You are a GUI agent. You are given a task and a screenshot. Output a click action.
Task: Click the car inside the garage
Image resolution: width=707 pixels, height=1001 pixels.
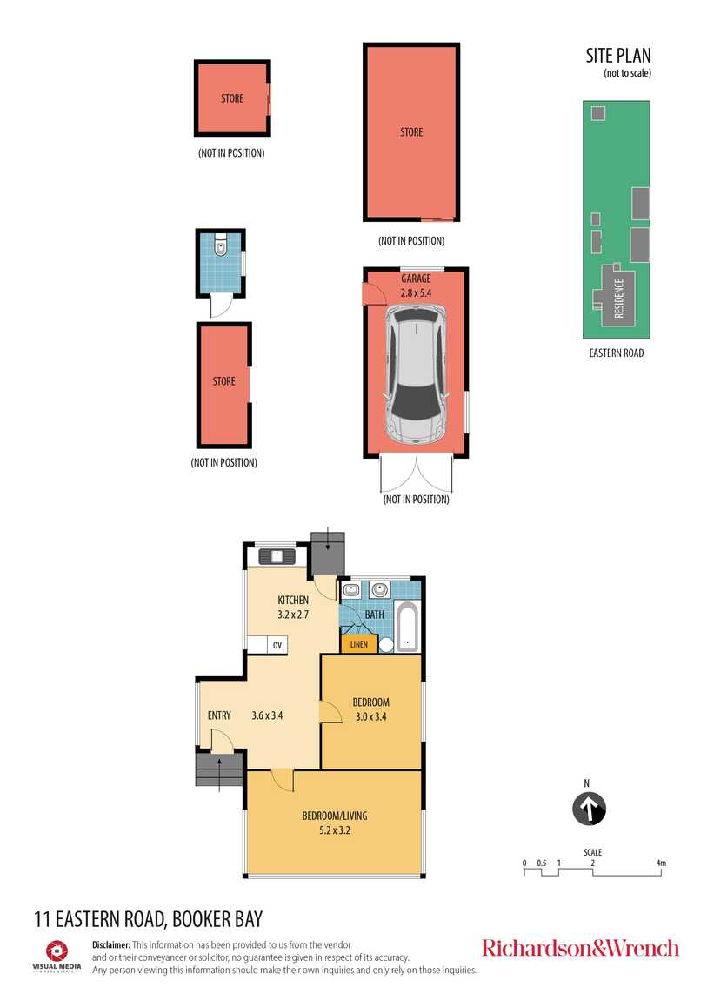coord(416,374)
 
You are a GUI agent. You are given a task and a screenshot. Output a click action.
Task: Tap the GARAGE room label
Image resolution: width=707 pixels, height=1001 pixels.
coord(416,279)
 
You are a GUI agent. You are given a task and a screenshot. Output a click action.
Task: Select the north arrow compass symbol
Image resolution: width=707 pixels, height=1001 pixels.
coord(589,809)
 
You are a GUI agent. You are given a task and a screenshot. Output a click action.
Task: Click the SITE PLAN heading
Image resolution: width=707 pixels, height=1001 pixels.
coord(617,56)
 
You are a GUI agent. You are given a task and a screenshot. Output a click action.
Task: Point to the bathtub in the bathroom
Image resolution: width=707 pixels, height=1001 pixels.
coord(407,626)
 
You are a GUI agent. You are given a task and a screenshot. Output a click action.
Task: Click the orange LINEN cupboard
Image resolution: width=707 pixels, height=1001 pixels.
coord(359,643)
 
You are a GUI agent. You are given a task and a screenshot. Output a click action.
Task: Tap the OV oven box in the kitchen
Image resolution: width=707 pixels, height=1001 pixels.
coord(277,645)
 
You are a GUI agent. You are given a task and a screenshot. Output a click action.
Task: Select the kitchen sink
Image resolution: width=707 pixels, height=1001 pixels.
coord(277,556)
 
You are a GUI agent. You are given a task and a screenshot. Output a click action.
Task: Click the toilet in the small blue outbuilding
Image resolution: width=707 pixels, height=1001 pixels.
coord(221,245)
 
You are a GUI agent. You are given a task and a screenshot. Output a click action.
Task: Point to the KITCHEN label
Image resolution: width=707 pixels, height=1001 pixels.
coord(293,600)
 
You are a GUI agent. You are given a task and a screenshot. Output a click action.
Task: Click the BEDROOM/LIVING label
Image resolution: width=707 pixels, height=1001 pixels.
coord(335,816)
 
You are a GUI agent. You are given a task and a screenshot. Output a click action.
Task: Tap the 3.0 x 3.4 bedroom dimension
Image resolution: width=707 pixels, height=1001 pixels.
coord(371,716)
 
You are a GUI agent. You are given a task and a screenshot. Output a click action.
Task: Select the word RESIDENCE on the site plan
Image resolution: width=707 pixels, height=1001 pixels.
coord(618,299)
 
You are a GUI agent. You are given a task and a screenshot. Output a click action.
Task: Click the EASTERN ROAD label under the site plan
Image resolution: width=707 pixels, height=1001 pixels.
coord(617,353)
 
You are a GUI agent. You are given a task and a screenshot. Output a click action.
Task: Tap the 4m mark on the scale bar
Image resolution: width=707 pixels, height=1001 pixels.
coord(661,863)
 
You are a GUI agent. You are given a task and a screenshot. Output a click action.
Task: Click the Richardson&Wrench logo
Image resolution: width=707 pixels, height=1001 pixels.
coord(580,948)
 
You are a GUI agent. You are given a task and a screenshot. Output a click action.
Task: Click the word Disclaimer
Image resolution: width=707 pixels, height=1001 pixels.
coord(111,944)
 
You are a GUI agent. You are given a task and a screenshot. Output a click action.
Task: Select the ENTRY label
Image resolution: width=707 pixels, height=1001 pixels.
coord(219,715)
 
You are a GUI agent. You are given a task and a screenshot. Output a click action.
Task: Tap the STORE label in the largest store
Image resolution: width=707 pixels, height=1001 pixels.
coord(411,132)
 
